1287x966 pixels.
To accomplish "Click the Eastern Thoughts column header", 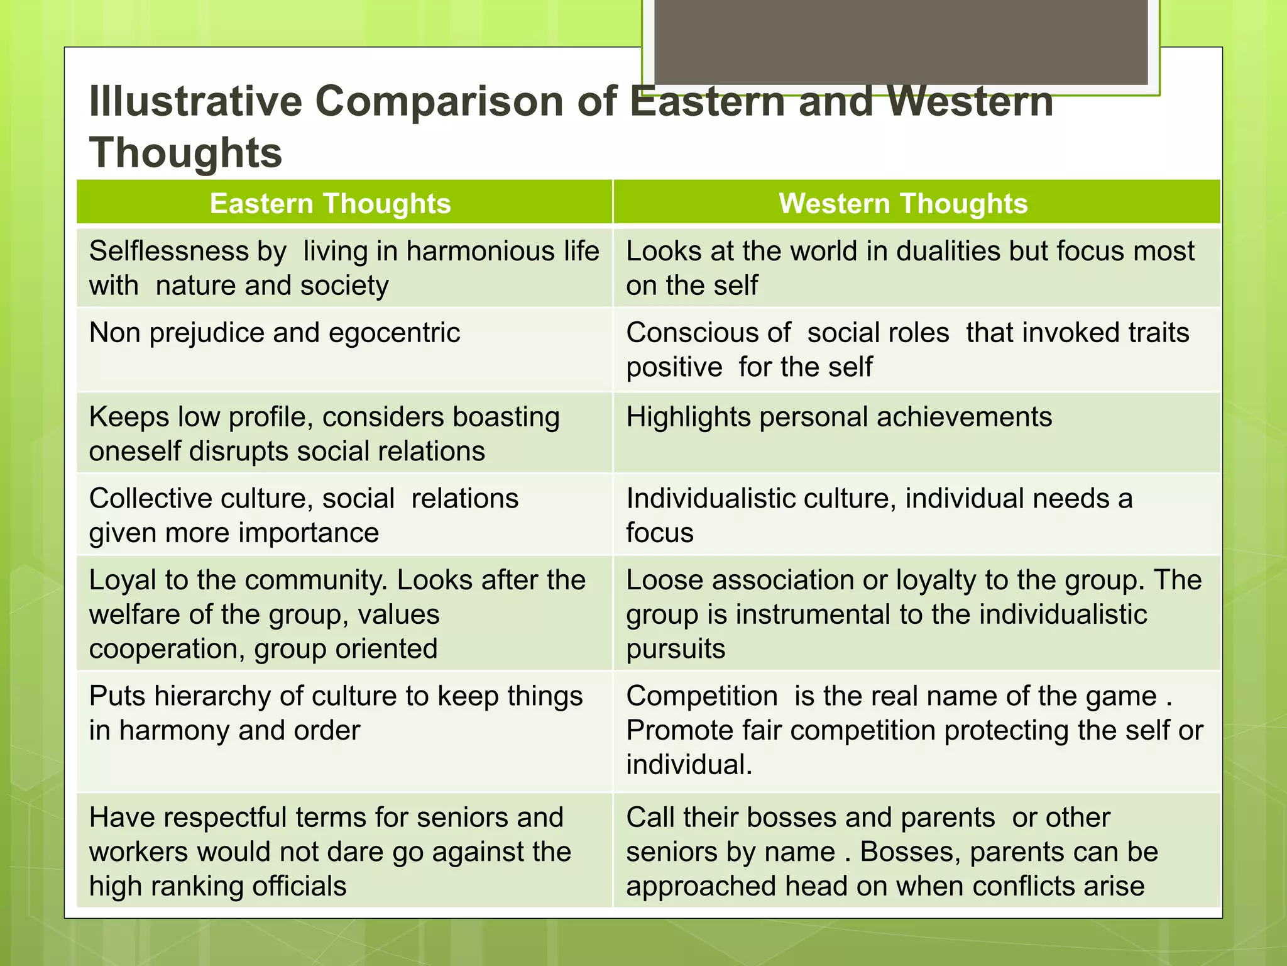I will tap(331, 204).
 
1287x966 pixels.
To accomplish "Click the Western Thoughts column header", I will tap(903, 204).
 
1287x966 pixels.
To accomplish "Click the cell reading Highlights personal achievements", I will tap(839, 417).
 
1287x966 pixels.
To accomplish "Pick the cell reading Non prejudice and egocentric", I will tap(275, 333).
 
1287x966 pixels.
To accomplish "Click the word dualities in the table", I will tap(948, 252).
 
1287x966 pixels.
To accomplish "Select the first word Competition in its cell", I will tap(702, 696).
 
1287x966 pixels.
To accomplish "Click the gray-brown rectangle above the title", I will tap(901, 41).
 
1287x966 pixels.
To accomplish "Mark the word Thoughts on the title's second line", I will tap(186, 153).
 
